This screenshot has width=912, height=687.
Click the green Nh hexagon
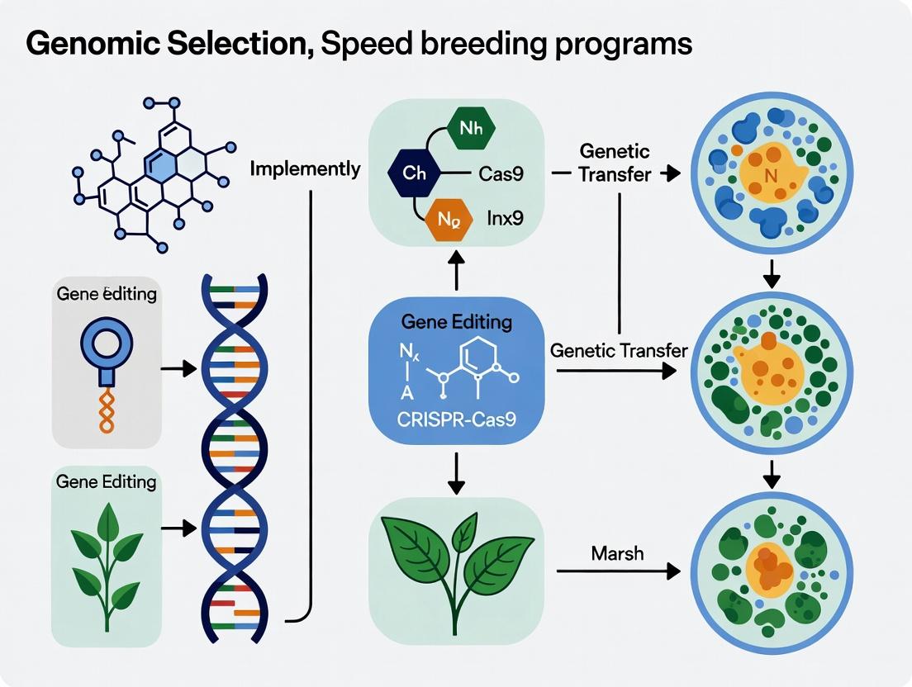(470, 129)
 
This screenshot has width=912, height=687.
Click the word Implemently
(305, 169)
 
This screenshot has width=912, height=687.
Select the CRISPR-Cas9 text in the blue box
(457, 420)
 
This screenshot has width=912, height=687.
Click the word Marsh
(617, 553)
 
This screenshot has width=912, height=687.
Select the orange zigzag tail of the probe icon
(106, 410)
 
